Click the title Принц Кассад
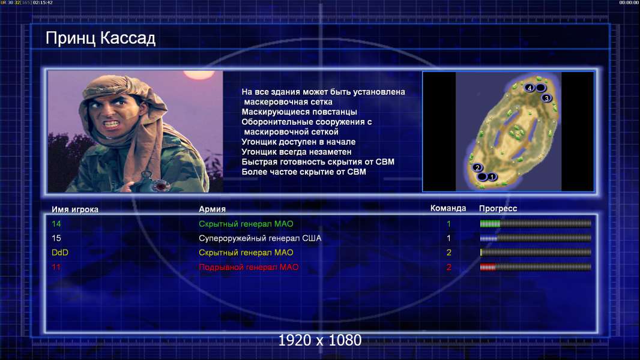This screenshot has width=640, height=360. point(100,38)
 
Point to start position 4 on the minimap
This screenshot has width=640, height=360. point(530,88)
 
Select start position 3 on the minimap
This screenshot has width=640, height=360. point(546,98)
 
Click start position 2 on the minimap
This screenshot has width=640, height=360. point(477,167)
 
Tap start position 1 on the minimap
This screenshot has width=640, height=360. point(492,176)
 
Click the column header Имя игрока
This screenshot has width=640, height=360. point(74,209)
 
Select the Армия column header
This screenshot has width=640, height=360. point(213,209)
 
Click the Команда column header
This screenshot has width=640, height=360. point(448,208)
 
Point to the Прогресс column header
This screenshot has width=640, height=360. point(498,209)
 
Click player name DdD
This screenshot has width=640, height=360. point(60,253)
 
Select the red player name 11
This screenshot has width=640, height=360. point(56,267)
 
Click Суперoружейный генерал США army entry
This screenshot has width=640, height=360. point(260,238)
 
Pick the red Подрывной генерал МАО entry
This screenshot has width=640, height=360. point(249,267)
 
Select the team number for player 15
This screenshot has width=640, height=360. point(448,238)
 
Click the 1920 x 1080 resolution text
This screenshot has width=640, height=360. point(319,340)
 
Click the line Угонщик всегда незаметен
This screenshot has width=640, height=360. point(297,152)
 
